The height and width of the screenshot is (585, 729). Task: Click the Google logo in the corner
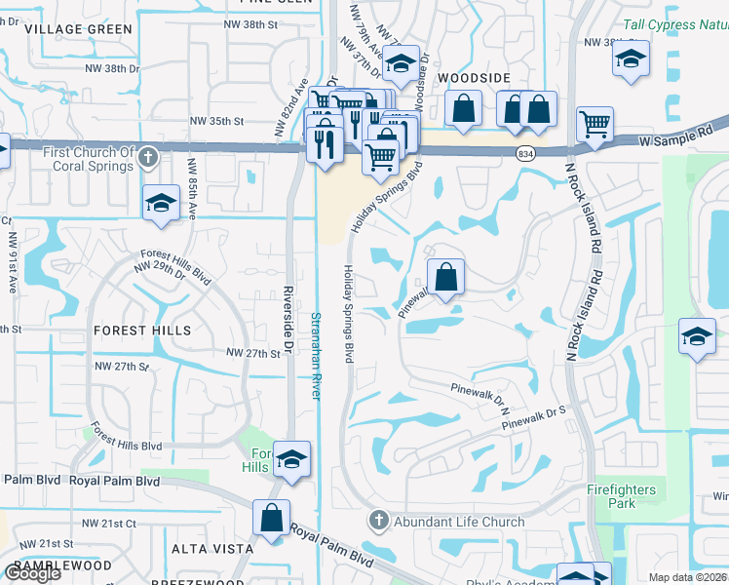[31, 573]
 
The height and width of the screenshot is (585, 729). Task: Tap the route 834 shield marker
[526, 154]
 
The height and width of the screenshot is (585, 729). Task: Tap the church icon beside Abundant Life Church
[380, 522]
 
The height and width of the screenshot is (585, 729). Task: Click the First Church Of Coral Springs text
[88, 159]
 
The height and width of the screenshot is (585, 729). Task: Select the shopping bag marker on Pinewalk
[445, 277]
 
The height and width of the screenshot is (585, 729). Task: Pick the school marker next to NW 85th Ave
[162, 204]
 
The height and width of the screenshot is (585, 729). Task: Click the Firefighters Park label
[622, 496]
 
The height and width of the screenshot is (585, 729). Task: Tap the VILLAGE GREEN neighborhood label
[78, 29]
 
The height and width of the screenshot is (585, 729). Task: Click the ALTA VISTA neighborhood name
[211, 550]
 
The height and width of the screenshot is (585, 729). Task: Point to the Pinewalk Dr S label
[534, 418]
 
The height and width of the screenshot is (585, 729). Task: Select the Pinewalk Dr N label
[481, 388]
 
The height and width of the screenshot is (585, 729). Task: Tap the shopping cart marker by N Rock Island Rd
[595, 124]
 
